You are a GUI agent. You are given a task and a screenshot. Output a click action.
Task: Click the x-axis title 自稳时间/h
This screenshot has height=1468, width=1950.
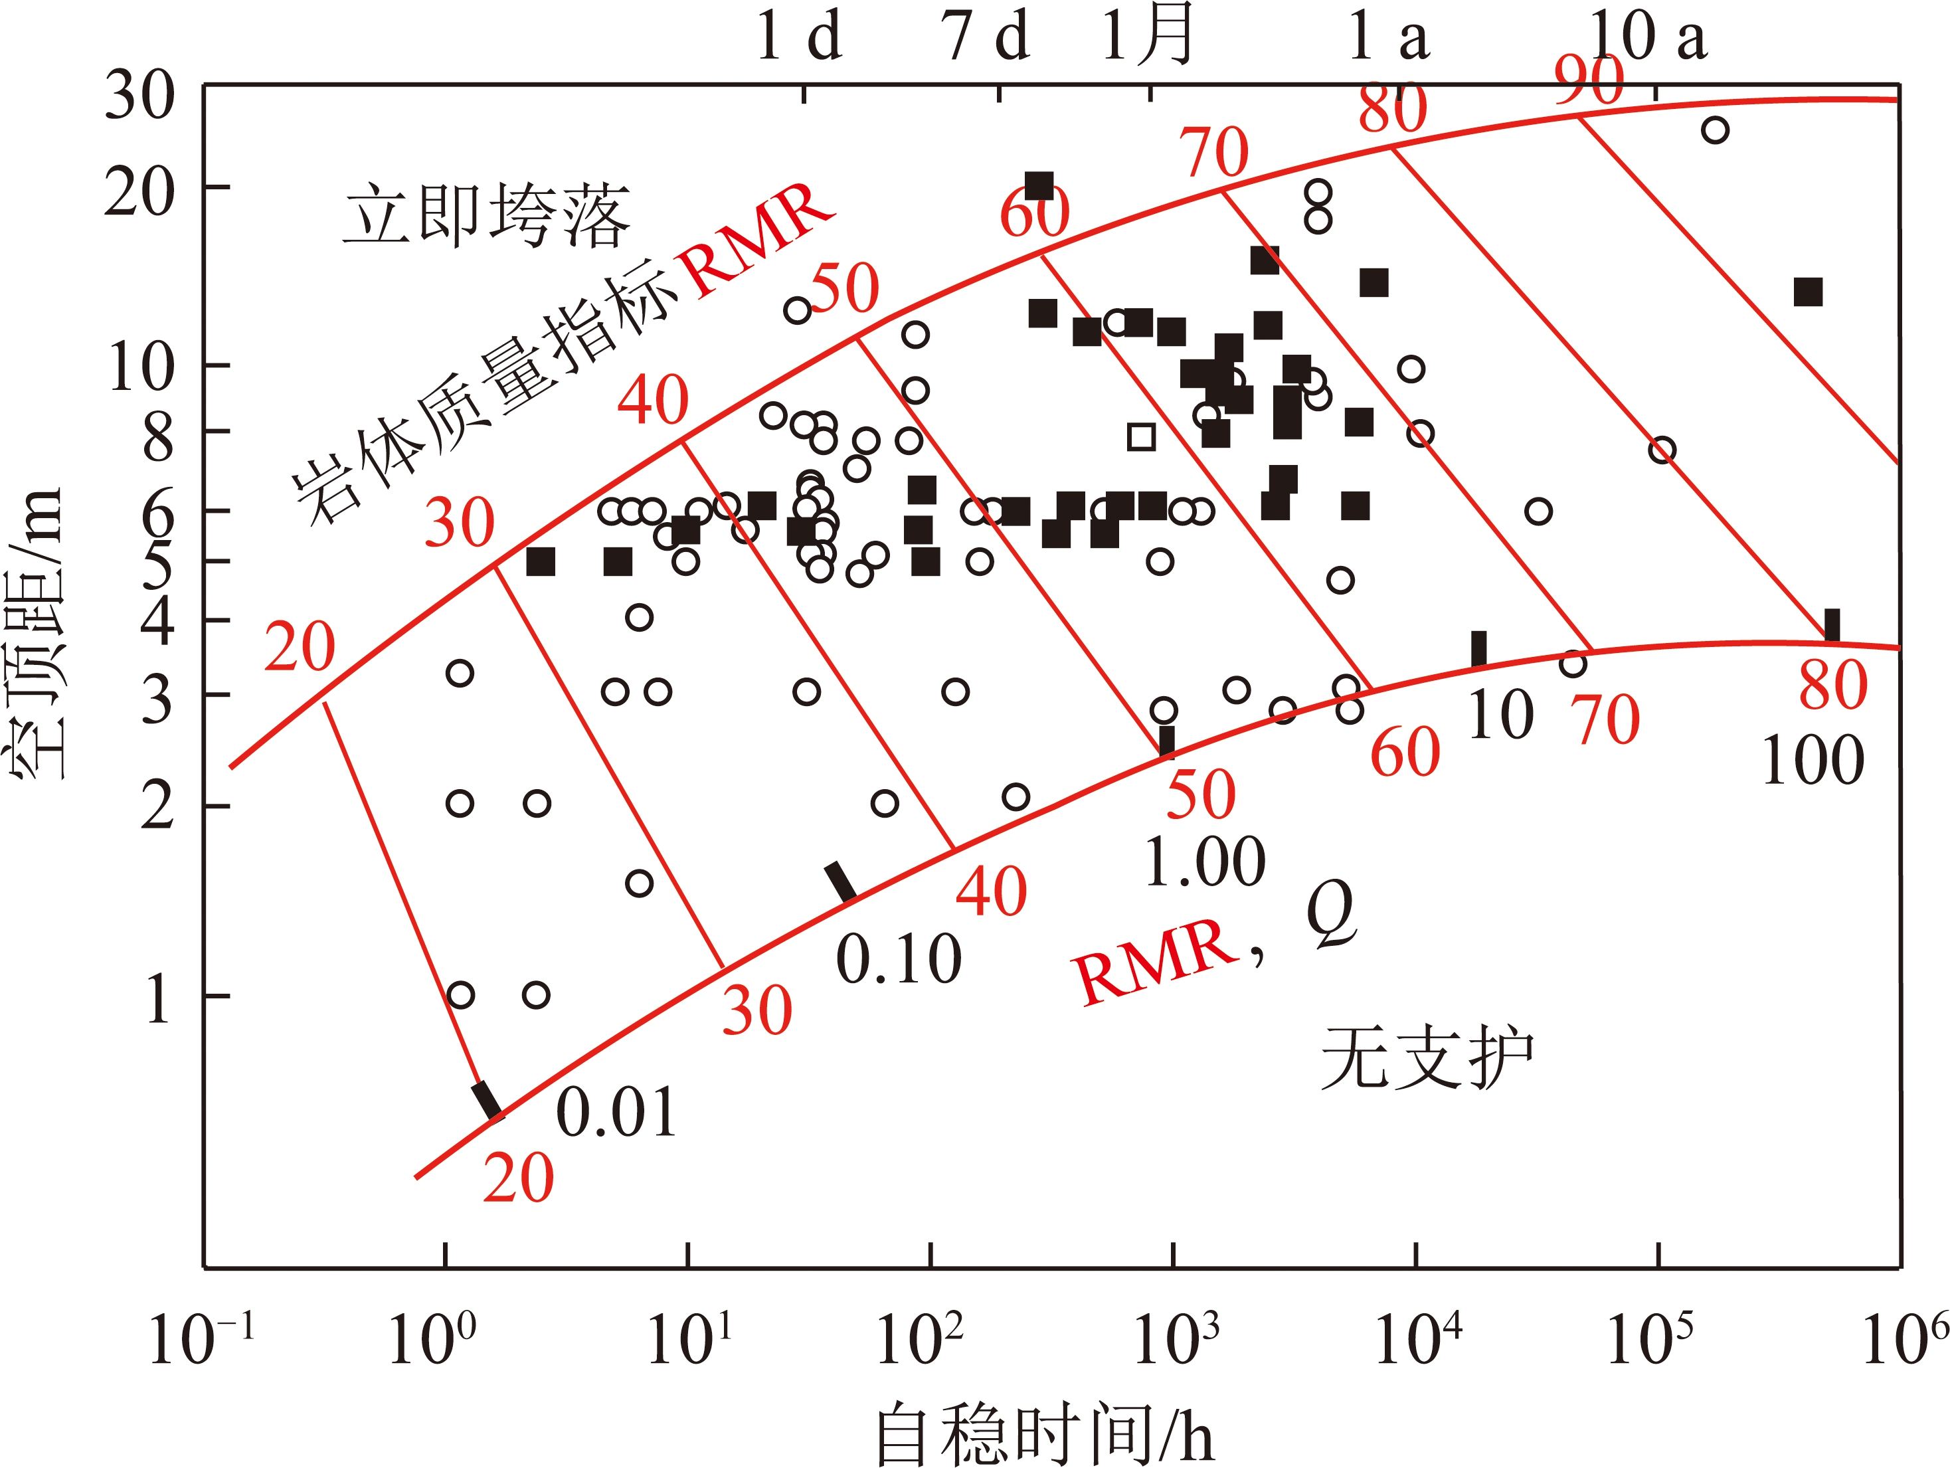tap(1045, 1433)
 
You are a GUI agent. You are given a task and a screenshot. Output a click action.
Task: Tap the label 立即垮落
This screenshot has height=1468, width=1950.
tap(487, 215)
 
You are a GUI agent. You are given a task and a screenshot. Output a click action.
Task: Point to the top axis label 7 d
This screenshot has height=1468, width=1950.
tap(986, 37)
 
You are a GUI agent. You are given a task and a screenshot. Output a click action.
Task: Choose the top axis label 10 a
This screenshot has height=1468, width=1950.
tap(1648, 37)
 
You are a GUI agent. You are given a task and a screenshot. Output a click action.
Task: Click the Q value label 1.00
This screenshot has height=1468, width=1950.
tap(1204, 862)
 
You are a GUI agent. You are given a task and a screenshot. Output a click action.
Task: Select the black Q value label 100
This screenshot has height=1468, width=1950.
tap(1813, 761)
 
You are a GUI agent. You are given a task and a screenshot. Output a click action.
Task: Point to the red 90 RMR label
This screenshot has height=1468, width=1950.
tap(1589, 79)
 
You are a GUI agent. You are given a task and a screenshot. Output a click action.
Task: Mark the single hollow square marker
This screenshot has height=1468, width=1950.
tap(1142, 436)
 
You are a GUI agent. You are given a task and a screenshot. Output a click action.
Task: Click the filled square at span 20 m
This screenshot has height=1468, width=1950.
tap(1039, 187)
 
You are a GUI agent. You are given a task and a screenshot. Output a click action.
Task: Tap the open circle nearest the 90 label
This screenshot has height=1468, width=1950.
tap(1715, 130)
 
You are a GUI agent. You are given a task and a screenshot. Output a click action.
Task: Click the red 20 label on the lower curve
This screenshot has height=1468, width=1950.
tap(518, 1179)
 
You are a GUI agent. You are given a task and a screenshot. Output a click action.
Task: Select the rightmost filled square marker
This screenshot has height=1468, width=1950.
tap(1808, 292)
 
